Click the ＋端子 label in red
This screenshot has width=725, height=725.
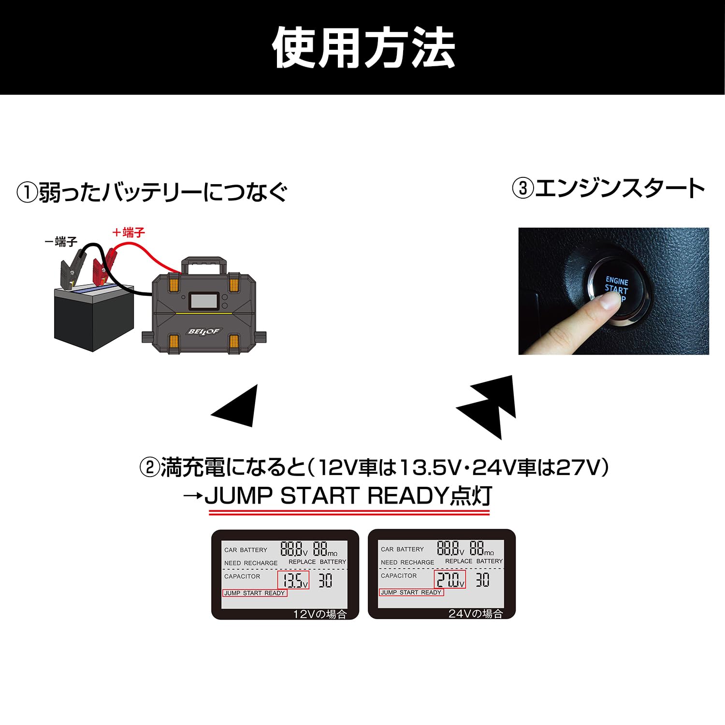[x=128, y=233]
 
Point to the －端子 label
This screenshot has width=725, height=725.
[x=61, y=242]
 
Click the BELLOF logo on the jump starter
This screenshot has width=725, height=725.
[x=203, y=332]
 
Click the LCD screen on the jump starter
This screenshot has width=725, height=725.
[x=202, y=301]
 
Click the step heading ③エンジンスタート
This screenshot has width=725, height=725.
[x=609, y=188]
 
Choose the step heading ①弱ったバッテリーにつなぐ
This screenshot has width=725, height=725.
[x=152, y=192]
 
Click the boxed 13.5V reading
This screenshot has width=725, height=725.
[x=293, y=580]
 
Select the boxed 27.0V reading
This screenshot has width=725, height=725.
[x=450, y=579]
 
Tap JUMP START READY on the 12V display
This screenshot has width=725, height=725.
[x=254, y=593]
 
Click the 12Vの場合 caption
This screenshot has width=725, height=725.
[x=319, y=614]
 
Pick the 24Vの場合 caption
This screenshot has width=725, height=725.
[x=476, y=614]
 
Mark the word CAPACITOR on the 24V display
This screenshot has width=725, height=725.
[x=399, y=576]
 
